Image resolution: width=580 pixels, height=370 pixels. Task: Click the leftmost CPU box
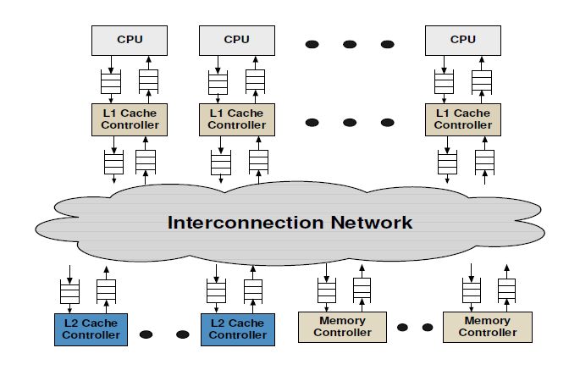(129, 39)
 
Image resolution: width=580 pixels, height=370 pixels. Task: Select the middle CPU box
(237, 39)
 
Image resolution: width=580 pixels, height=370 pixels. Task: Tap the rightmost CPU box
(462, 39)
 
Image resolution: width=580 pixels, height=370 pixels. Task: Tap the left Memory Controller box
(341, 327)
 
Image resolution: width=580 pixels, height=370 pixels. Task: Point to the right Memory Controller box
(487, 327)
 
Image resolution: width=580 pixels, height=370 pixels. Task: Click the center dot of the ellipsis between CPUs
(351, 43)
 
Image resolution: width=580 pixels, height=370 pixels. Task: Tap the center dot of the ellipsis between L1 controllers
(351, 122)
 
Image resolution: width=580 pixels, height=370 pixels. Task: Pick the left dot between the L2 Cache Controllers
(146, 334)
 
